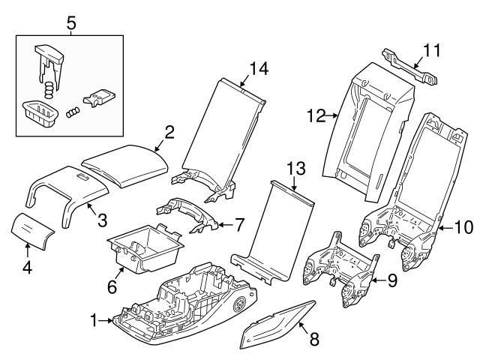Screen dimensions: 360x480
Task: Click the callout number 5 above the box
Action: [x=71, y=23]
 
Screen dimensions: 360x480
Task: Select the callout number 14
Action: [x=258, y=70]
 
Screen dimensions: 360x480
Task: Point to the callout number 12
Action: [x=316, y=115]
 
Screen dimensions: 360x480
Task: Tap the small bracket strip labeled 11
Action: [x=409, y=65]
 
